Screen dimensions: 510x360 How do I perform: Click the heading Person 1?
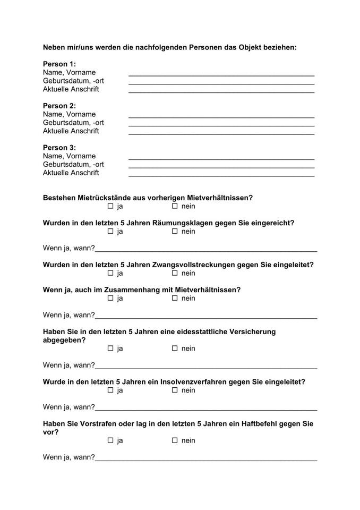point(59,64)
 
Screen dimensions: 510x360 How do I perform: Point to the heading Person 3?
point(59,147)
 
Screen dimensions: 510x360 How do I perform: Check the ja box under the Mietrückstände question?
point(111,206)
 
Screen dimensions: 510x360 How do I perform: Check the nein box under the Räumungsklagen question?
point(174,231)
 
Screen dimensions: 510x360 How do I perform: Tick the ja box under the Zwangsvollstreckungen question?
point(111,273)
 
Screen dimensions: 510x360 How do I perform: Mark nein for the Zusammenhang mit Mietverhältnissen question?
point(174,298)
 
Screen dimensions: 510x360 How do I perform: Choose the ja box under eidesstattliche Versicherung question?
point(111,348)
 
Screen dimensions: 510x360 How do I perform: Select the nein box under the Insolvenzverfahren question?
point(174,390)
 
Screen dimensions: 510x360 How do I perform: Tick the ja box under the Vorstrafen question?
point(111,440)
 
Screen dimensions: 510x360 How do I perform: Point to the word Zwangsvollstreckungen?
point(193,265)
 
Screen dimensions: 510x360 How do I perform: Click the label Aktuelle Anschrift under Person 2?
point(71,131)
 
